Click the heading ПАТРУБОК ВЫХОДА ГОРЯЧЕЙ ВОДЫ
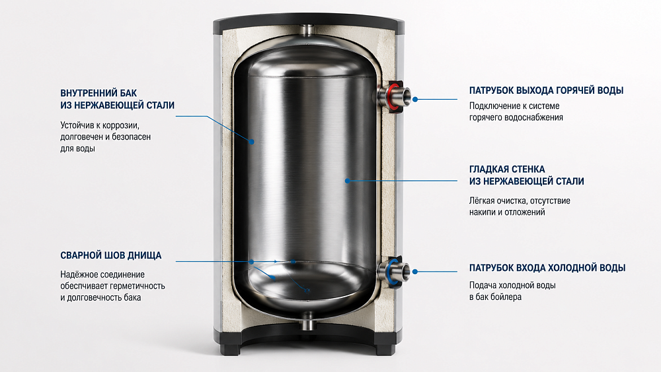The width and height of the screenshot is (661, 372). click(546, 91)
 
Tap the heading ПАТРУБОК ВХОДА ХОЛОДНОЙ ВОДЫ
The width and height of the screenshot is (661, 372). click(547, 268)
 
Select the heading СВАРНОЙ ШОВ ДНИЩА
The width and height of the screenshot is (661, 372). click(111, 255)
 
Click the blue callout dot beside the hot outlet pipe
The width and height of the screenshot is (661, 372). click(415, 99)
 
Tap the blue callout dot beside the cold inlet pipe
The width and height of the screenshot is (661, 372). click(415, 272)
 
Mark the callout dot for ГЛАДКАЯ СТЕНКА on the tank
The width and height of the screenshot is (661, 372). click(348, 181)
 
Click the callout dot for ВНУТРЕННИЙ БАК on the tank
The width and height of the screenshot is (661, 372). click(252, 142)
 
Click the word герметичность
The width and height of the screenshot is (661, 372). click(138, 286)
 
